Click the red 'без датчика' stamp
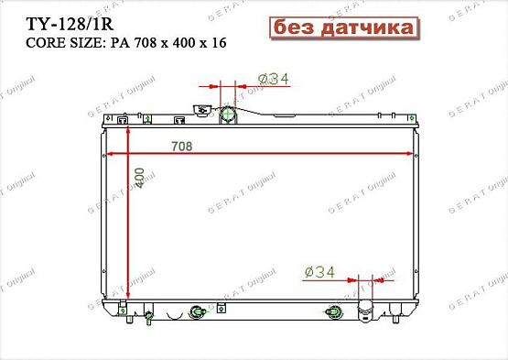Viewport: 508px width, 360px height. tap(341, 28)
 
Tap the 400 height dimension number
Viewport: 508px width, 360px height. tap(139, 178)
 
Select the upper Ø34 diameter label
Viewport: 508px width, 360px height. tap(274, 80)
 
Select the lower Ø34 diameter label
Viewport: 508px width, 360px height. tap(320, 272)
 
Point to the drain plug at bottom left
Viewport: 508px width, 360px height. tap(148, 318)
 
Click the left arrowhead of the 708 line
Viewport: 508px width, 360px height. tap(112, 153)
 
